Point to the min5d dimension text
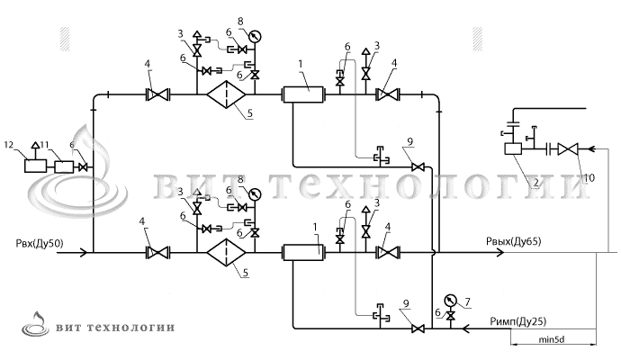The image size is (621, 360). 556,340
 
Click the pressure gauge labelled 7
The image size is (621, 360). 449,301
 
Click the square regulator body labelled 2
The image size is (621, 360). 514,149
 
